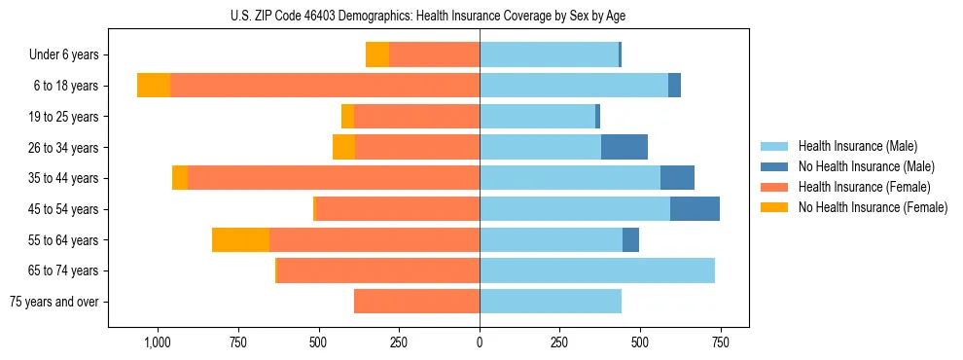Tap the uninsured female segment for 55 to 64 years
point(240,239)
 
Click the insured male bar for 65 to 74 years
point(597,270)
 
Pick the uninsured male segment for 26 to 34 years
point(624,147)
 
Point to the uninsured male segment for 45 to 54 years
point(695,209)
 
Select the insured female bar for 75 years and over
point(416,302)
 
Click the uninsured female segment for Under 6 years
point(377,54)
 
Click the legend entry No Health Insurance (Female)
point(873,207)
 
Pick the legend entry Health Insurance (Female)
point(864,187)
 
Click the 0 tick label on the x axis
point(480,342)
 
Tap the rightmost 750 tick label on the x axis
point(720,342)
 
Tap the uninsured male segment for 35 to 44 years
point(677,178)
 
